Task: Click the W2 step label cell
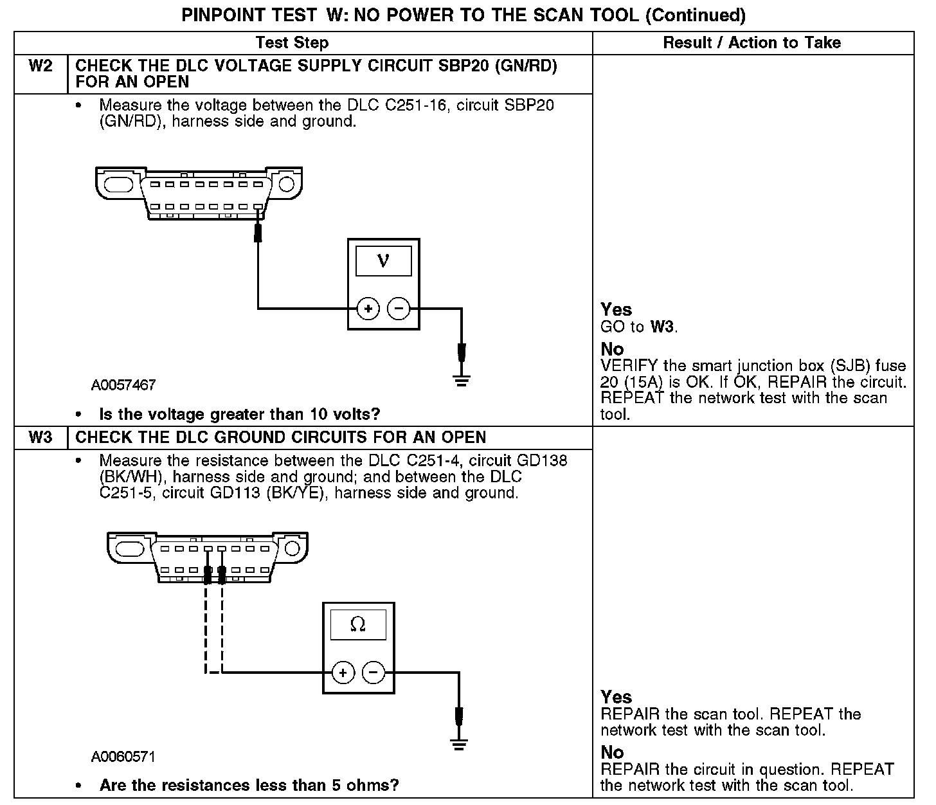coord(40,66)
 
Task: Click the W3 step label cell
coord(40,438)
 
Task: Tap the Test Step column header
coord(292,43)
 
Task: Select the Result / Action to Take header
coord(751,43)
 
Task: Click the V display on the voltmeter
coord(384,260)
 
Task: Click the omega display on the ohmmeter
coord(358,624)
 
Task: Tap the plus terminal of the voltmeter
coord(368,309)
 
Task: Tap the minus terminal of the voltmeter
coord(399,309)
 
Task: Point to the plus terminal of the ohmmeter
coord(343,673)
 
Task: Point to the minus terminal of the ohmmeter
coord(373,673)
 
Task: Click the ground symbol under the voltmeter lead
coord(461,380)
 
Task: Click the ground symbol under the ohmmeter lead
coord(459,745)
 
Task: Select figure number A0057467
coord(123,385)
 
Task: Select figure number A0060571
coord(123,757)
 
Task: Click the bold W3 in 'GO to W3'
coord(663,327)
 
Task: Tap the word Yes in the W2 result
coord(616,310)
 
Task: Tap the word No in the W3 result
coord(612,752)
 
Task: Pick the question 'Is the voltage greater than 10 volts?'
coord(240,414)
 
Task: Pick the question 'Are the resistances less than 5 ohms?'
coord(249,785)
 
